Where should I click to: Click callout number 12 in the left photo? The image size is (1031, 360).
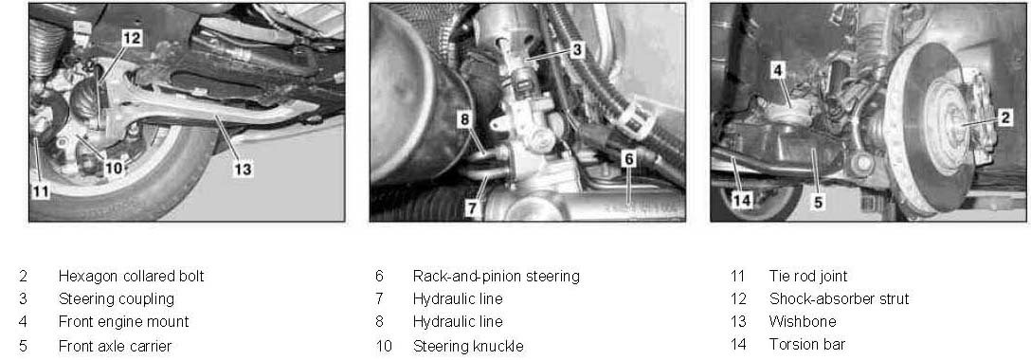[x=132, y=38]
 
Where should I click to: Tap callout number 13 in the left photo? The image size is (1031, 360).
[x=243, y=169]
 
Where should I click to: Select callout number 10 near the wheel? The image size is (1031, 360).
[x=114, y=168]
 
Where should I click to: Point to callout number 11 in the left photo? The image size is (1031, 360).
[x=40, y=191]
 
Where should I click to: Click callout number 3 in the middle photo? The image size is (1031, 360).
[x=576, y=49]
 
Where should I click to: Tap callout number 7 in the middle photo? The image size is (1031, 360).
[x=472, y=207]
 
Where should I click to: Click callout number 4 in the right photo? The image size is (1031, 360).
[x=778, y=70]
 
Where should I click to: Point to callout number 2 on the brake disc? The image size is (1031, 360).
[x=1004, y=117]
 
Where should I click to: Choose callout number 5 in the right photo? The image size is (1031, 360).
[x=818, y=203]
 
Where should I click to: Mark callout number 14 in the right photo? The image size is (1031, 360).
[x=742, y=199]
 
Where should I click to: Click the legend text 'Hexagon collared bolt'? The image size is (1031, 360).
[x=132, y=276]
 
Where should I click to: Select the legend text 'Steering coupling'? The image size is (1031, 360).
[x=117, y=299]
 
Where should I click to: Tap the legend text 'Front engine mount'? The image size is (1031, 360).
[x=123, y=322]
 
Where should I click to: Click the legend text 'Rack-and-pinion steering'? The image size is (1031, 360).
[x=497, y=276]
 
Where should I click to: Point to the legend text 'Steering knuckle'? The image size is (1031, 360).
[x=468, y=346]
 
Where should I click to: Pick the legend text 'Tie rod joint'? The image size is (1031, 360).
[x=808, y=276]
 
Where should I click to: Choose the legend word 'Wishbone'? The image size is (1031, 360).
[x=803, y=321]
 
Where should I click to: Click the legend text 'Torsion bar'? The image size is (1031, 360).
[x=806, y=344]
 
